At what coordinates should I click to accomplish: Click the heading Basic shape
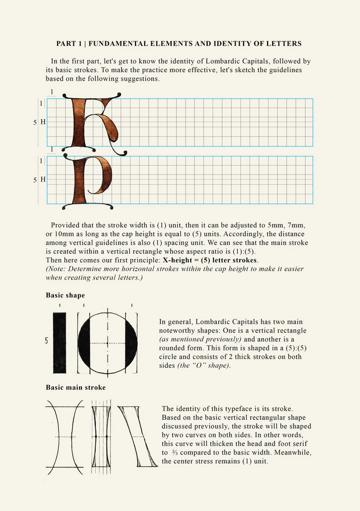click(x=65, y=295)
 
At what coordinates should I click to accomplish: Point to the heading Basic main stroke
click(x=76, y=387)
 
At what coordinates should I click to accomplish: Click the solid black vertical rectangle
click(x=60, y=342)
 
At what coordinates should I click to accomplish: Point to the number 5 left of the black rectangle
click(x=47, y=341)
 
